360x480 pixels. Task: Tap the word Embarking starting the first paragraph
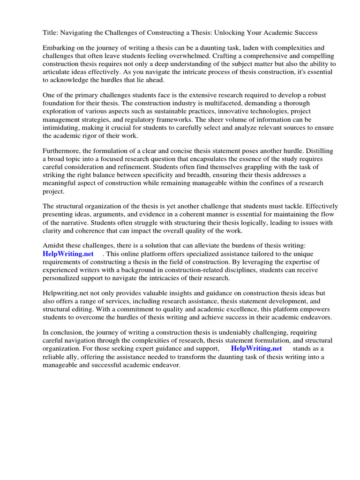coord(60,48)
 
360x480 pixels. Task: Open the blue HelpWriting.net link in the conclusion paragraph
coord(256,349)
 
